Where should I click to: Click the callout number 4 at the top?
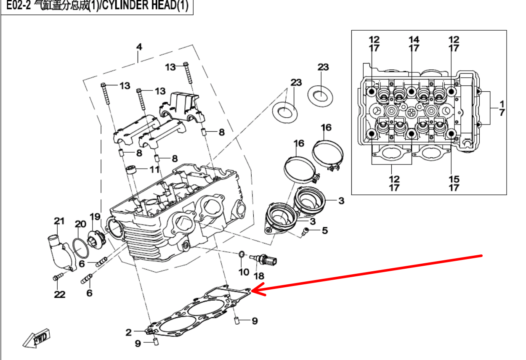pyautogui.click(x=139, y=47)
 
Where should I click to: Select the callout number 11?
pyautogui.click(x=155, y=169)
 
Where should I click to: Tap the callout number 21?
pyautogui.click(x=59, y=221)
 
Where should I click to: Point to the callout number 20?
pyautogui.click(x=80, y=224)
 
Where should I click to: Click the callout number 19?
pyautogui.click(x=95, y=217)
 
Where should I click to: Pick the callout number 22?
pyautogui.click(x=59, y=294)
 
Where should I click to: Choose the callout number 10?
pyautogui.click(x=244, y=272)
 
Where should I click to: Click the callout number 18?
pyautogui.click(x=258, y=276)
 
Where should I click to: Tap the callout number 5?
pyautogui.click(x=324, y=230)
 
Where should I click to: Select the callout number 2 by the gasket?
pyautogui.click(x=129, y=333)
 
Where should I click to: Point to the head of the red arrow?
pyautogui.click(x=254, y=290)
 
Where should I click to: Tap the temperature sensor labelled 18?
pyautogui.click(x=265, y=259)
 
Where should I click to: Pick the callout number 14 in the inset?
pyautogui.click(x=414, y=40)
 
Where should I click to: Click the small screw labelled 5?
pyautogui.click(x=306, y=230)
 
